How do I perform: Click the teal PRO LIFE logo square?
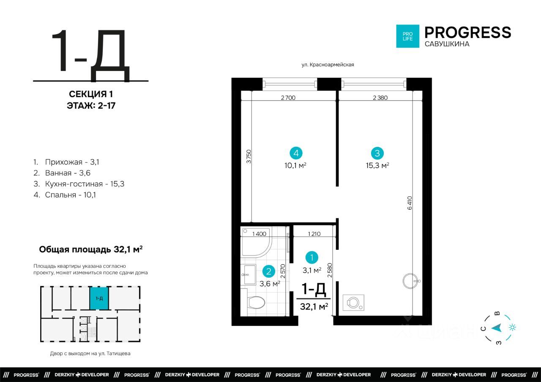408,36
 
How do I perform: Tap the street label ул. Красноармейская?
328,65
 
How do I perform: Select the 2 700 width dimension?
288,98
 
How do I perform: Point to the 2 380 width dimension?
380,98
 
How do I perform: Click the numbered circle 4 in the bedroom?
296,153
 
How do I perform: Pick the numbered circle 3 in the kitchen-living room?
377,153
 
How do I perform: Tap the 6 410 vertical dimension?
410,203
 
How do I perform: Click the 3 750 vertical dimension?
249,157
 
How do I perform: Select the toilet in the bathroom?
256,302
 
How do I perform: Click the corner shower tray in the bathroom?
257,242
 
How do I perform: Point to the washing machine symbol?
353,302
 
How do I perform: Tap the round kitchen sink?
410,281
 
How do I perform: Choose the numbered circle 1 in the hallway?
311,257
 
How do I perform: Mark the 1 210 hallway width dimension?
314,234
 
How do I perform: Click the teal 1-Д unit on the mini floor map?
99,298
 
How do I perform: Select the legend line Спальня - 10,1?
65,195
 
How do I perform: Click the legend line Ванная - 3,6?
62,173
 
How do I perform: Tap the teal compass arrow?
496,328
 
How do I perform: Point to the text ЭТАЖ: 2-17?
91,106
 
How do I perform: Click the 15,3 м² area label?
377,165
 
